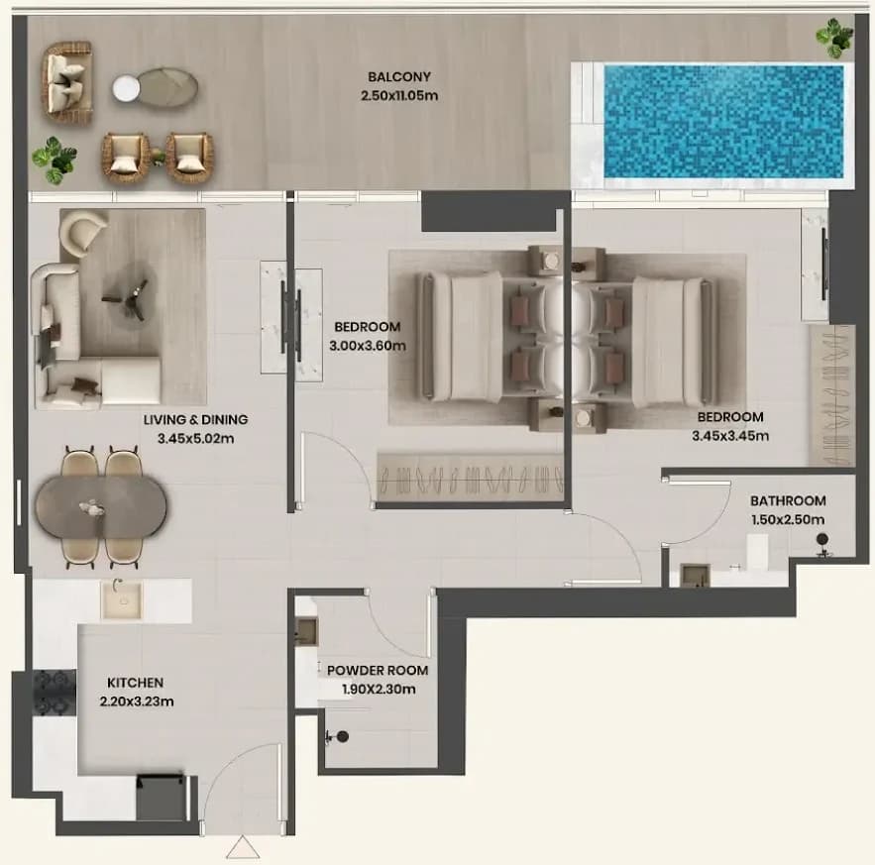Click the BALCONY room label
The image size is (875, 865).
coord(399,76)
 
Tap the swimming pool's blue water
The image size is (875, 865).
coord(723,122)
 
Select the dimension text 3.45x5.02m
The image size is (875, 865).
coord(195,439)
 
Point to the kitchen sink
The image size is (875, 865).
coord(122,599)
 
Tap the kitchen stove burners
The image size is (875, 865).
coord(55,694)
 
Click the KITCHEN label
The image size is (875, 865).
coord(135,683)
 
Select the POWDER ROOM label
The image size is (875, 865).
coord(378,670)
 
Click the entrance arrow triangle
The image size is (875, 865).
coord(243,847)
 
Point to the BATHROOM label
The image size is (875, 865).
coord(788,500)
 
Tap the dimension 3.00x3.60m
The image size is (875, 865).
coord(368,346)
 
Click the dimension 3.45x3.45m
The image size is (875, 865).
coord(730,436)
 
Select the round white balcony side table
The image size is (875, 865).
coord(126,89)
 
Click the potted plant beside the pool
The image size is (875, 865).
coord(834,38)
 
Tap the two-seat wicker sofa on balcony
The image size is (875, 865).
coord(67,83)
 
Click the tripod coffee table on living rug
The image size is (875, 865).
coord(127,297)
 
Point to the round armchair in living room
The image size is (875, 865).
coord(81,232)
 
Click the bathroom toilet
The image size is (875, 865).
coord(822,544)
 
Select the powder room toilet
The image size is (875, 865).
coord(338,737)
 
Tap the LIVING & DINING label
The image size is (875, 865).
coord(195,420)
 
